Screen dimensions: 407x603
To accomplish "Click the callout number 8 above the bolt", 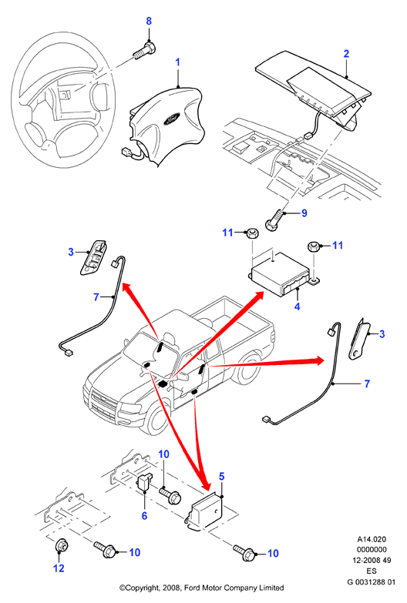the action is [149, 21].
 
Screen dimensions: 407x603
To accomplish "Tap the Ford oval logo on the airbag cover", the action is [171, 119].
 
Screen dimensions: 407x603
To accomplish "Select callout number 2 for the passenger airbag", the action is [346, 53].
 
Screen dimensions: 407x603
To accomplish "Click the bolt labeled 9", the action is [276, 219].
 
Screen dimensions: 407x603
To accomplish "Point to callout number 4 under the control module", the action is [298, 307].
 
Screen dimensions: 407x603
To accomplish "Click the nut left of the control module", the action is [251, 233].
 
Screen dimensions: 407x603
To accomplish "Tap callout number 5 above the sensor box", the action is [221, 477].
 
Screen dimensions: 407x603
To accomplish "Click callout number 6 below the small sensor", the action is [144, 515].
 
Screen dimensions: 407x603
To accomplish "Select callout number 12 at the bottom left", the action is [59, 568].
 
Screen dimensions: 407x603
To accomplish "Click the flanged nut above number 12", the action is [62, 546].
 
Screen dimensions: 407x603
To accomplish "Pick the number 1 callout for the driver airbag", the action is [177, 62].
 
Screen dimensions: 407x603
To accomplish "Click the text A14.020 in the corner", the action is [372, 539].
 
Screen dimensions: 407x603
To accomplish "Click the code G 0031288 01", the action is [372, 582].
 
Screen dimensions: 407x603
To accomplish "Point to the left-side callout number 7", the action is [96, 297].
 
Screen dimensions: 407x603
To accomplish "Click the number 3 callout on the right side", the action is [382, 333].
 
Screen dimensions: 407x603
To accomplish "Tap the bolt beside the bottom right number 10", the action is [245, 551].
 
